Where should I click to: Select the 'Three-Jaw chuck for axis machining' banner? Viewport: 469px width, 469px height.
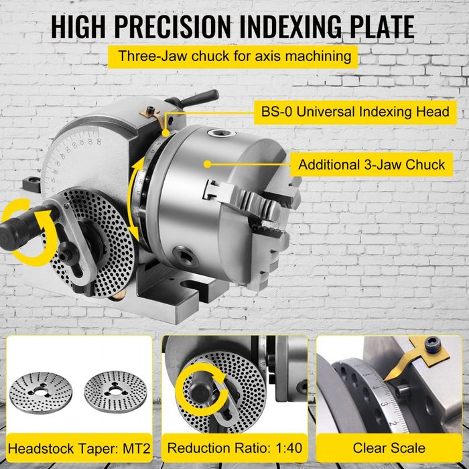point(234,56)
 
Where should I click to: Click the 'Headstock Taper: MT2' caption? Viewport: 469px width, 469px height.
point(78,447)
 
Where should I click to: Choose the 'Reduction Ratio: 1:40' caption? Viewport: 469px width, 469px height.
point(234,447)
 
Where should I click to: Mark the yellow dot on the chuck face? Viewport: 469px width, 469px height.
point(208,163)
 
